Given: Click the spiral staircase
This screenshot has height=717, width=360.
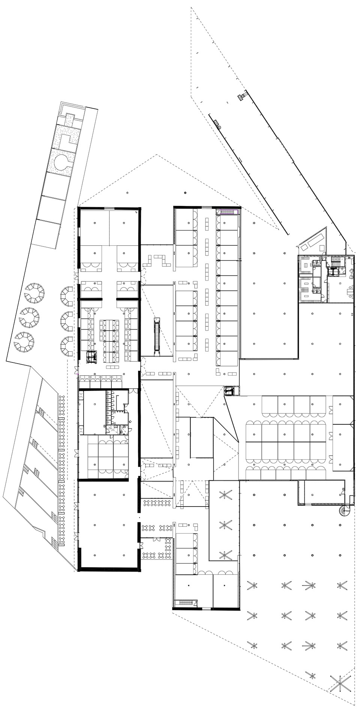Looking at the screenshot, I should [343, 511].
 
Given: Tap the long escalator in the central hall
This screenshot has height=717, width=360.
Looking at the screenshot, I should [158, 337].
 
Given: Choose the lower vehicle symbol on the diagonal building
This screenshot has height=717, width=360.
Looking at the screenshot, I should [217, 124].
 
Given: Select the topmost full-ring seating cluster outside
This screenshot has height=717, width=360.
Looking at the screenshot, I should [34, 293].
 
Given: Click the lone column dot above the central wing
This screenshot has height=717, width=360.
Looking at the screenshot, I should [185, 193].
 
